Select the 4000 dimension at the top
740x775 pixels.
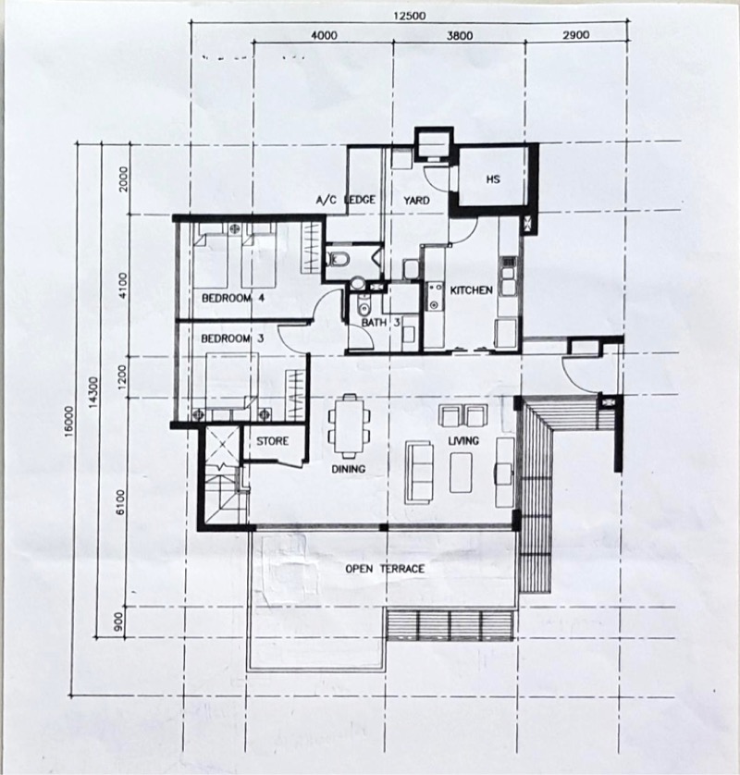[324, 36]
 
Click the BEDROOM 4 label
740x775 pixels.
[234, 298]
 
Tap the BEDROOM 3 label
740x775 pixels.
[233, 338]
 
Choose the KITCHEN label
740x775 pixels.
[471, 290]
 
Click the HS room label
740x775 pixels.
[492, 179]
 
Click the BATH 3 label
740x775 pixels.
[380, 323]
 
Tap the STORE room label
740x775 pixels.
[273, 441]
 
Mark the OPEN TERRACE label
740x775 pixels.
[385, 569]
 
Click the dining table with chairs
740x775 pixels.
[348, 426]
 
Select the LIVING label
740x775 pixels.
[463, 441]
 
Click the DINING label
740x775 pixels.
[349, 469]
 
